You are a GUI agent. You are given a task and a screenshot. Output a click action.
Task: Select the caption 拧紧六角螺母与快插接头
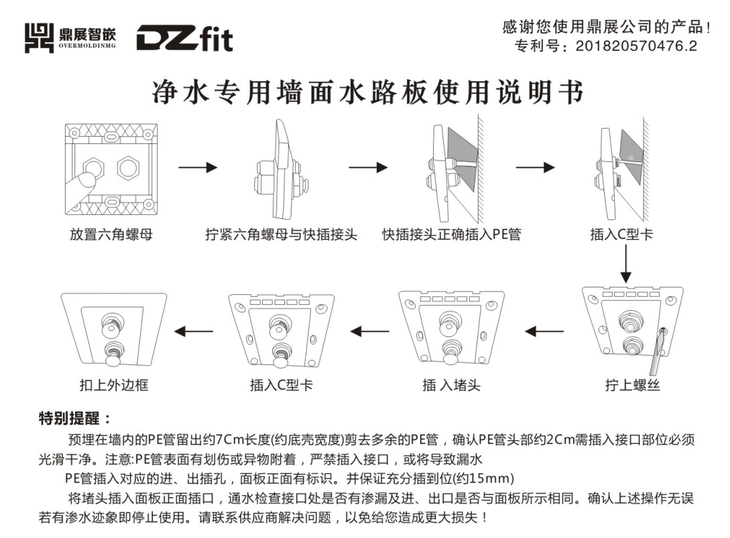point(282,234)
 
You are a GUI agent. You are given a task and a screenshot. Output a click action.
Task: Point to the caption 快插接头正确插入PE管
point(451,234)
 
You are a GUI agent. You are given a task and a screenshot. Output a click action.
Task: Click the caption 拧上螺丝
point(632,385)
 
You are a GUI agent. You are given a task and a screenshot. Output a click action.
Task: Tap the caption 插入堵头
point(451,385)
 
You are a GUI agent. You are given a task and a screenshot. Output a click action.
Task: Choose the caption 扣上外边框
point(114,385)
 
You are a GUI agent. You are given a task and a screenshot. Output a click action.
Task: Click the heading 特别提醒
point(74,419)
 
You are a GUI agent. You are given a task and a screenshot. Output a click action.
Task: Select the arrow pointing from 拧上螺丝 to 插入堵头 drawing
point(544,330)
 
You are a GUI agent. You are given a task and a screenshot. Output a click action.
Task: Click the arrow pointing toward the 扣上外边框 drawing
point(194,330)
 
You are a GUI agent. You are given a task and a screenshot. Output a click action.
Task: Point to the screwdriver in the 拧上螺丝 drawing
point(657,352)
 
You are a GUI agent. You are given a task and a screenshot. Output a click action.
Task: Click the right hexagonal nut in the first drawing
point(128,167)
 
